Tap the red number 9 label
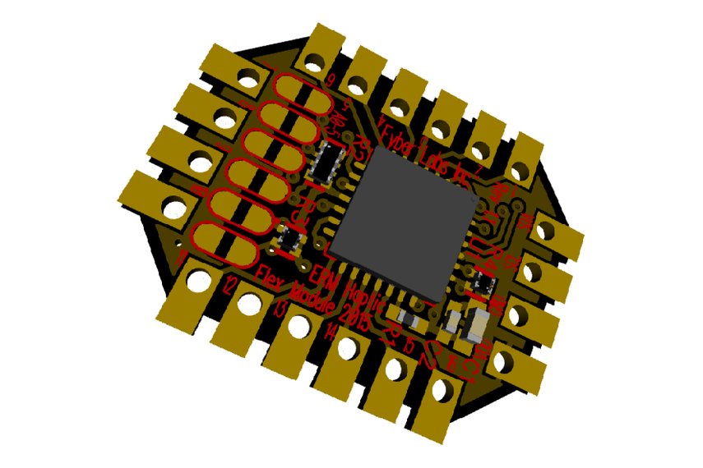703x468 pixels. [331, 80]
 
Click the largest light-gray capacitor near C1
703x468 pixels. [475, 328]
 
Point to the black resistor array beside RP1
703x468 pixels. [331, 162]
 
